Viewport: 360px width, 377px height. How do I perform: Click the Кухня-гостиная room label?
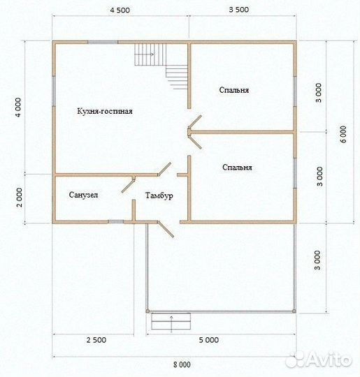[x=105, y=111]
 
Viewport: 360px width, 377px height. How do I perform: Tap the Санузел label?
[x=83, y=195]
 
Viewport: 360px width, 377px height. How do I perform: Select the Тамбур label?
[x=159, y=195]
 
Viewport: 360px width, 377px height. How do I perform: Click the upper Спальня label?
[x=233, y=90]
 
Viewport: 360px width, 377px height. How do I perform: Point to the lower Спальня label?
[x=237, y=168]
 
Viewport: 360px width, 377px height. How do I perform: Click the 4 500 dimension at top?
[x=120, y=10]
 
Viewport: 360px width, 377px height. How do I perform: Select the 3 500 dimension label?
[x=239, y=10]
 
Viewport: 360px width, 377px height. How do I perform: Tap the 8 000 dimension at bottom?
[x=182, y=364]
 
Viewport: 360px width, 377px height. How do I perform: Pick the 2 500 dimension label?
[x=96, y=340]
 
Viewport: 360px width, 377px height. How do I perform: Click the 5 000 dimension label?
[x=209, y=340]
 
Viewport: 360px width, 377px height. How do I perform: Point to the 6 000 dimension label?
[x=344, y=134]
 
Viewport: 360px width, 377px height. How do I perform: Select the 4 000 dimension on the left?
[x=18, y=108]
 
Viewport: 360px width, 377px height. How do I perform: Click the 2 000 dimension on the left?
[x=20, y=198]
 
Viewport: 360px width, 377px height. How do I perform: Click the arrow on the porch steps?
[x=171, y=325]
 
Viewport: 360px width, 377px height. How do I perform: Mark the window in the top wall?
[x=103, y=43]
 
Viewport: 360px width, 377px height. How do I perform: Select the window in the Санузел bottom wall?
[x=116, y=222]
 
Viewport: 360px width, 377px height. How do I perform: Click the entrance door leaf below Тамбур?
[x=166, y=230]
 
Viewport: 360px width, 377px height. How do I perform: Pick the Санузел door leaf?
[x=129, y=185]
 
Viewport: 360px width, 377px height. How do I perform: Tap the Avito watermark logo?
[x=318, y=360]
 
